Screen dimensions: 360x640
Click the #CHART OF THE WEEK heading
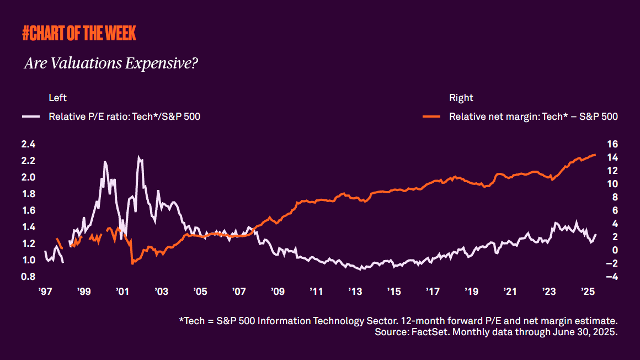click(x=79, y=34)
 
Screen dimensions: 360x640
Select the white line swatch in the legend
click(x=31, y=117)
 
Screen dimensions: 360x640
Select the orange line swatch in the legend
click(x=431, y=117)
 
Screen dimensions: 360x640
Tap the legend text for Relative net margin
click(x=533, y=117)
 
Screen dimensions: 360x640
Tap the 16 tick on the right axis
click(x=605, y=144)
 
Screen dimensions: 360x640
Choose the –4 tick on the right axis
click(x=604, y=277)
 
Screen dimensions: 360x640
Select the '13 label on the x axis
click(x=354, y=291)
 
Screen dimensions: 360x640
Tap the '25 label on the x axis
click(x=586, y=291)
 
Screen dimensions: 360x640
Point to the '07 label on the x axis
click(x=238, y=291)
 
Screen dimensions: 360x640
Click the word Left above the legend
click(x=57, y=98)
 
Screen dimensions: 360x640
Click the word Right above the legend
click(x=461, y=98)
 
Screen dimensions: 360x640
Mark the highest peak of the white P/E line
click(x=139, y=157)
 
